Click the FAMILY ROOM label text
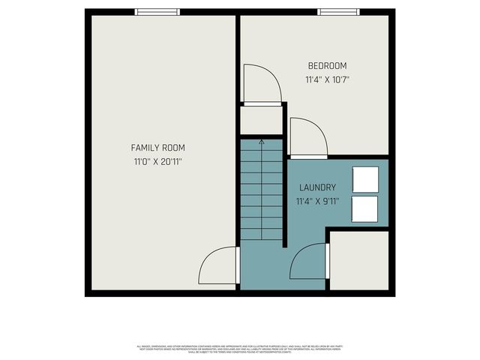[x=157, y=148]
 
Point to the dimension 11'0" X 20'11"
[x=157, y=161]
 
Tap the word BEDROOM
[x=326, y=66]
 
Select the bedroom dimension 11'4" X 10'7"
[x=327, y=79]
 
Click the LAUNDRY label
[x=317, y=187]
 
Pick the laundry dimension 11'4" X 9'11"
[x=318, y=201]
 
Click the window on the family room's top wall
[x=157, y=12]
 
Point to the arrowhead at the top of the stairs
[x=261, y=141]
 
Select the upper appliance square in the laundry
[x=365, y=179]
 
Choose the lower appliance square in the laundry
[x=365, y=209]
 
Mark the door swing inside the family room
[x=217, y=266]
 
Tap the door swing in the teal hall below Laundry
[x=307, y=262]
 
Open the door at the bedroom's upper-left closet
[x=261, y=84]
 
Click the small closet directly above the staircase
[x=260, y=121]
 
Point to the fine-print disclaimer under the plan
[x=240, y=349]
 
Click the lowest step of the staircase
[x=261, y=235]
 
